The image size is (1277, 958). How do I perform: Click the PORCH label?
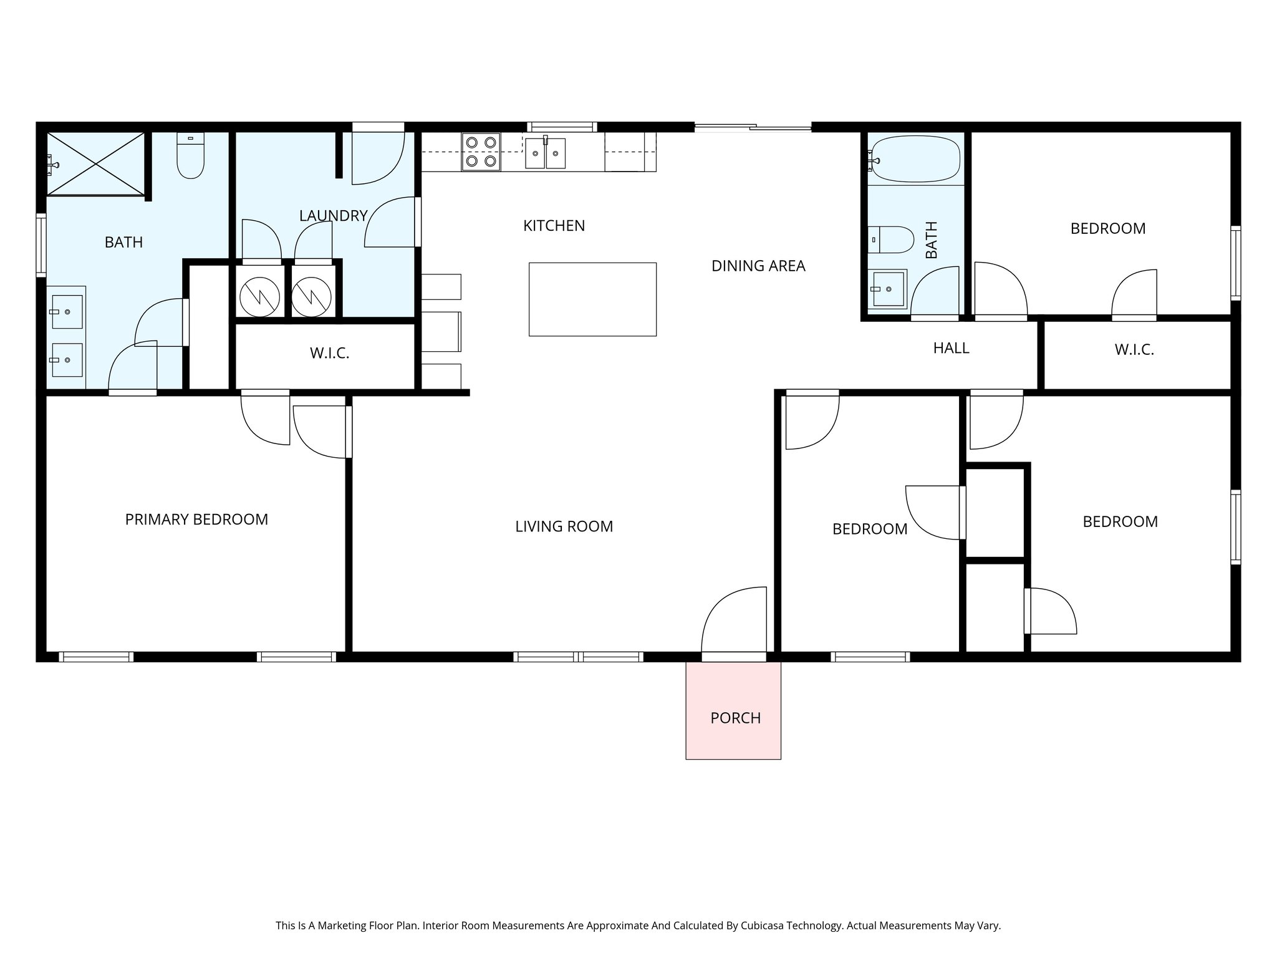click(x=735, y=718)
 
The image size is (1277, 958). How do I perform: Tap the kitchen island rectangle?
click(x=592, y=299)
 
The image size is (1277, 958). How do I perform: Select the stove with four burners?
click(x=481, y=152)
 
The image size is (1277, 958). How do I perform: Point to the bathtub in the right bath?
click(x=915, y=160)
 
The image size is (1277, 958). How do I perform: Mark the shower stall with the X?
click(x=96, y=163)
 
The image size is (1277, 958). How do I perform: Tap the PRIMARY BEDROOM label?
click(x=196, y=520)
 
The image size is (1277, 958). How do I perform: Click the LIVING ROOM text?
click(x=564, y=526)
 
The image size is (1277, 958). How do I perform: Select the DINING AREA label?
click(x=758, y=266)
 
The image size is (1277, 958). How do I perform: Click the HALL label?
click(x=951, y=349)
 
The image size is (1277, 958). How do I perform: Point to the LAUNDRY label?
click(x=333, y=216)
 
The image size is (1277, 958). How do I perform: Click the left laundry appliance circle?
click(x=259, y=296)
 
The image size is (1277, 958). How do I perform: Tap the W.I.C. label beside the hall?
click(x=1134, y=350)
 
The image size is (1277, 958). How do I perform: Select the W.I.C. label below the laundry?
click(x=329, y=354)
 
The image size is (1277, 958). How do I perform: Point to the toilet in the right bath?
click(x=891, y=239)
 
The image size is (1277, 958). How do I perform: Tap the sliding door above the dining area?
click(x=753, y=128)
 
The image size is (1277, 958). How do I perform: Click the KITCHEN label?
click(x=554, y=226)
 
